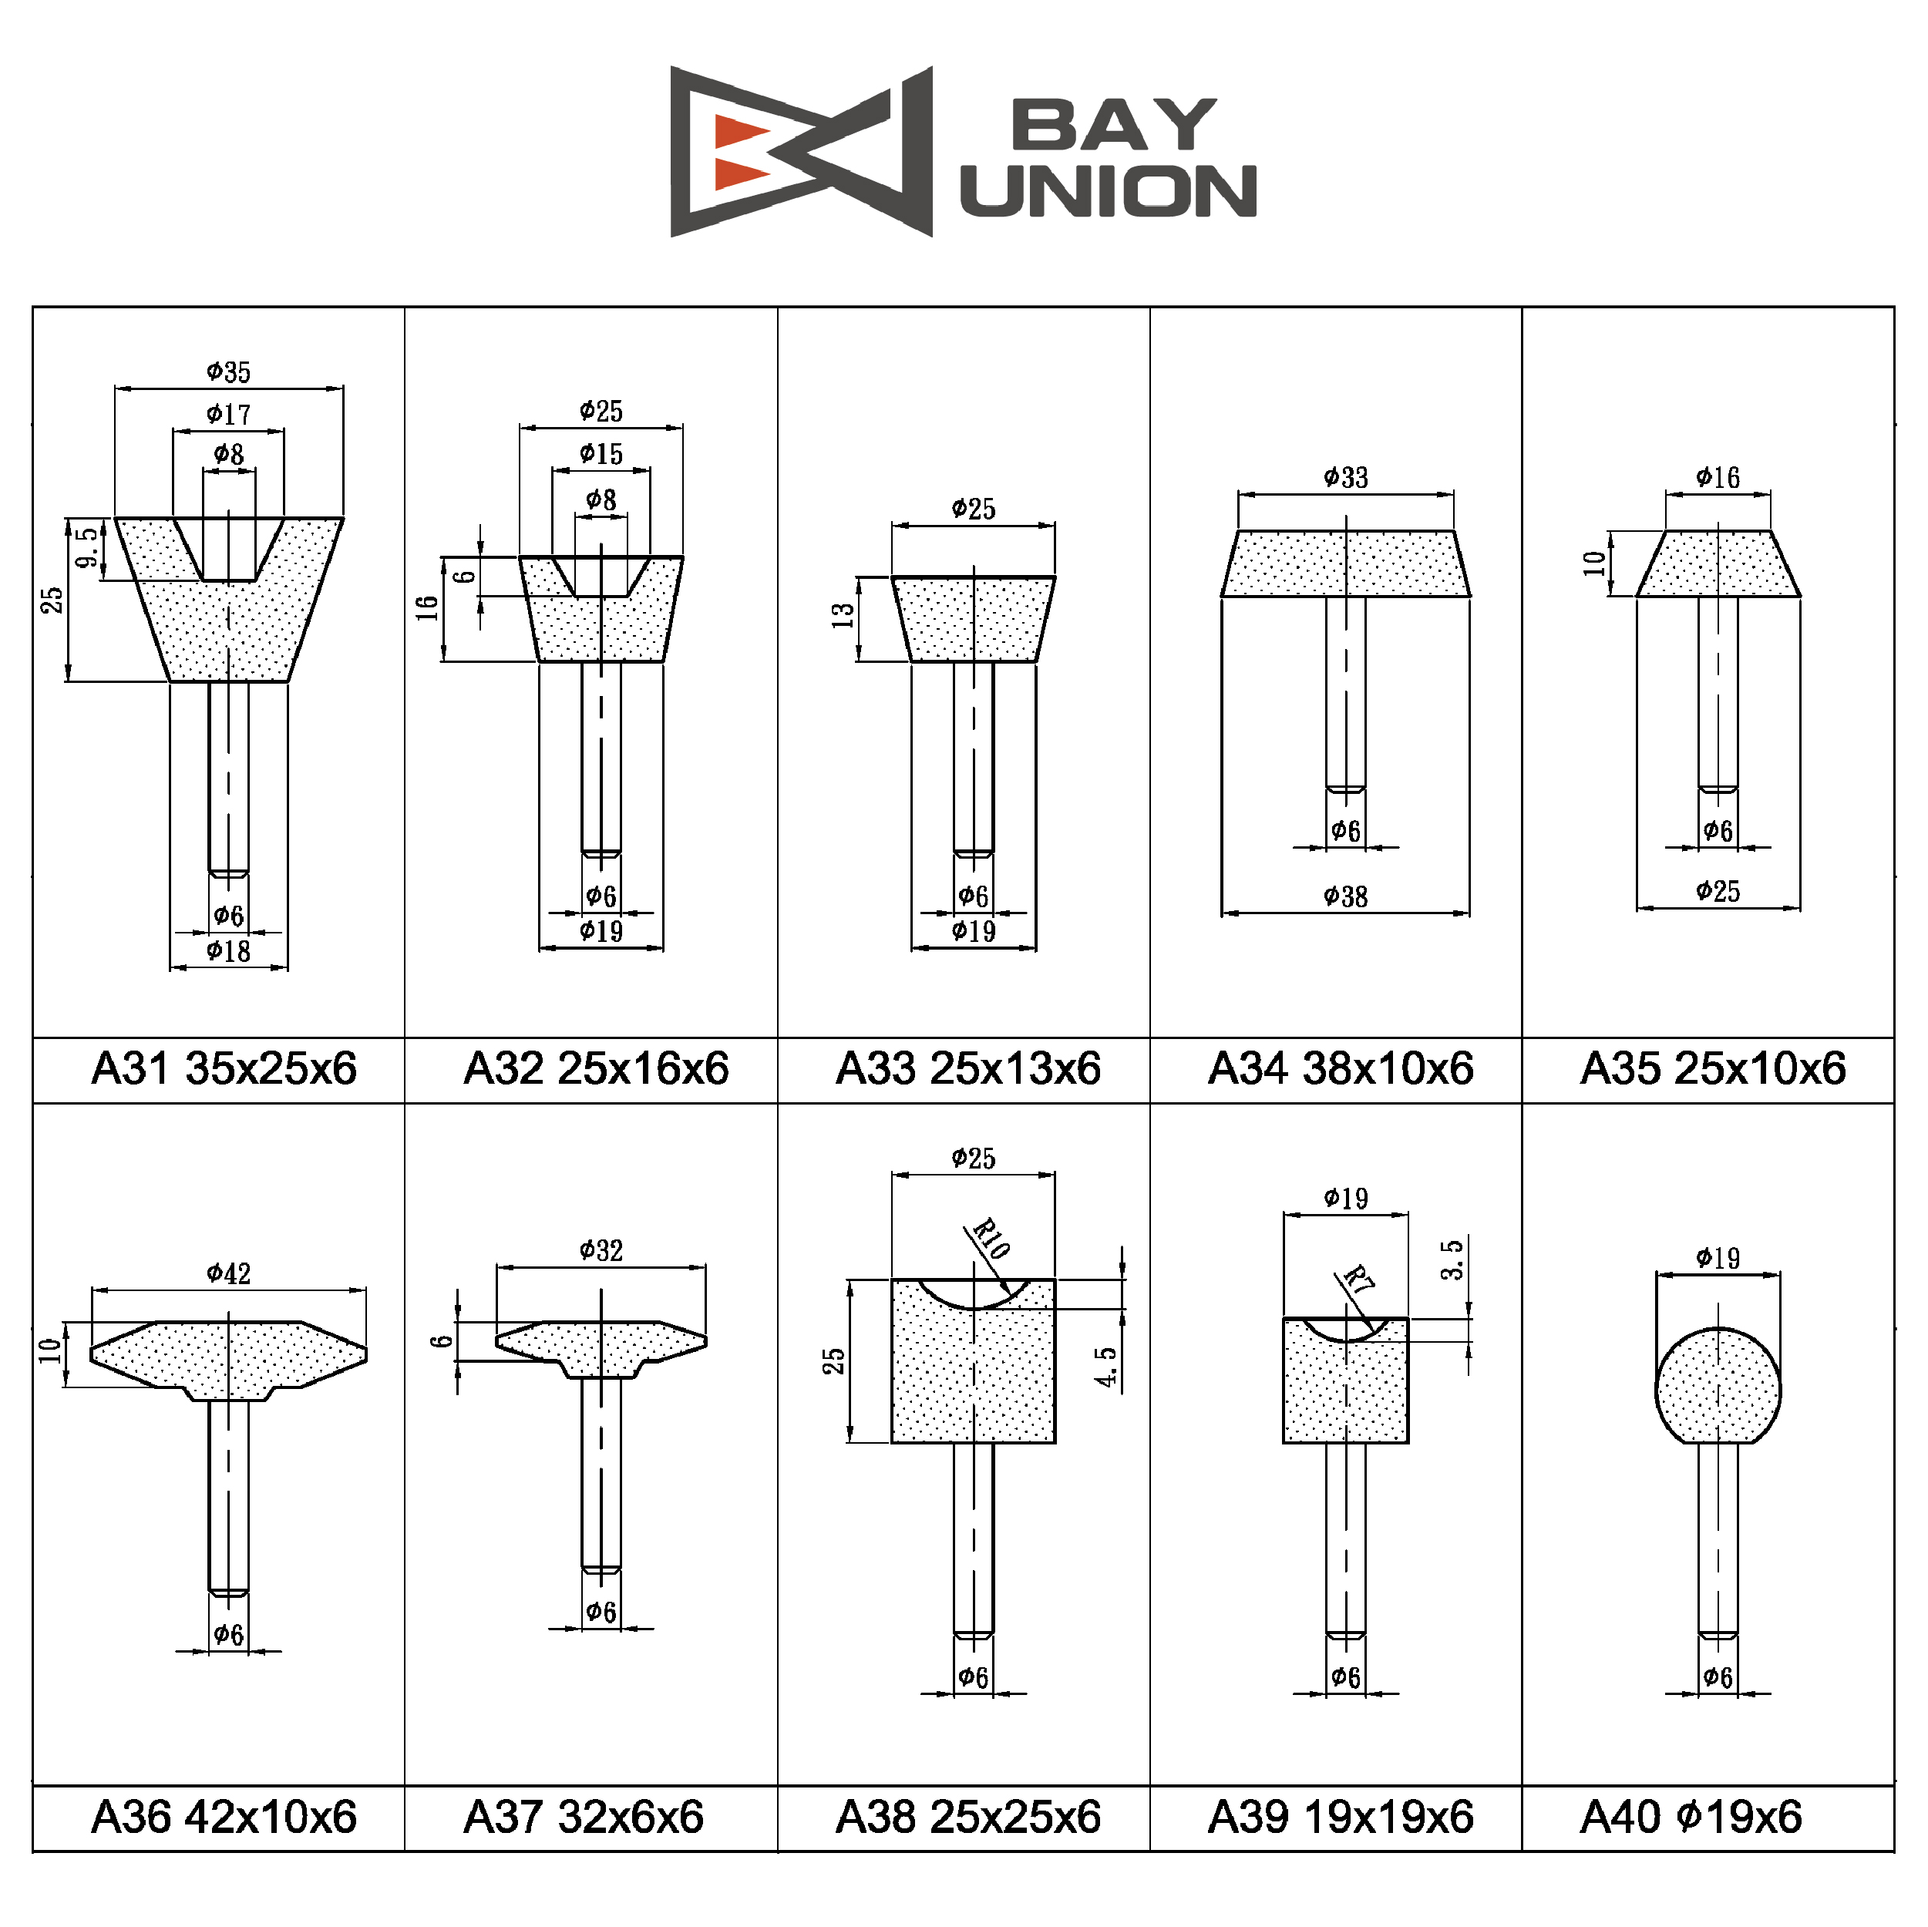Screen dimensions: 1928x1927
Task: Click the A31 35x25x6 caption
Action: (224, 1069)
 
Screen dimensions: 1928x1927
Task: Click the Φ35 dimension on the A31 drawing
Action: (228, 372)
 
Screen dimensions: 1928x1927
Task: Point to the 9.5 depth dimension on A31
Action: (88, 549)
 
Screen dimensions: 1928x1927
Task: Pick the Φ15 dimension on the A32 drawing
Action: (601, 454)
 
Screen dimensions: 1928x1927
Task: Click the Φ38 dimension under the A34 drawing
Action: (1345, 897)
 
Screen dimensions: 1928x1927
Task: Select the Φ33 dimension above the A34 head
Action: (1345, 478)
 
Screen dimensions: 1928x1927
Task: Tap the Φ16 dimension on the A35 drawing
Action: (1718, 478)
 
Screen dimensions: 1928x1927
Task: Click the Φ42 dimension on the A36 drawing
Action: (228, 1273)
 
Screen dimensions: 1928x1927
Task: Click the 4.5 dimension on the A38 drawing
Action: (1105, 1367)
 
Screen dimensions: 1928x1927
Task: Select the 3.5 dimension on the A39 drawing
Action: (1452, 1260)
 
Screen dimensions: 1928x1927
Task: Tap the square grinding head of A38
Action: (973, 1361)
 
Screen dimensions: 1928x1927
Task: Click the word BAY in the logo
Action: (1114, 125)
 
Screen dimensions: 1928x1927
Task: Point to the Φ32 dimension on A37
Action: (601, 1250)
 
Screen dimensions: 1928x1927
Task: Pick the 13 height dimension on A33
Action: (844, 616)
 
